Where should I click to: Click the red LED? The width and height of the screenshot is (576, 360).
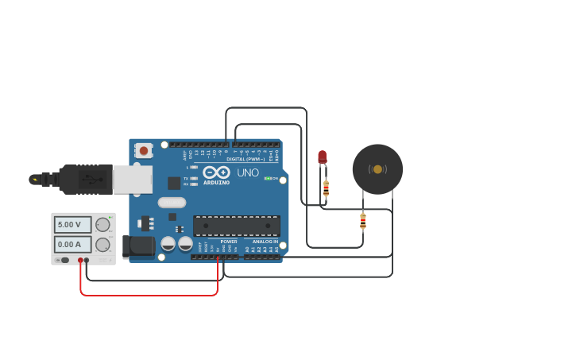coord(322,157)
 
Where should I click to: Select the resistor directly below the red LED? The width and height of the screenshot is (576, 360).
coord(326,188)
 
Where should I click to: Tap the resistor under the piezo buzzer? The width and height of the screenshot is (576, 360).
coord(363,221)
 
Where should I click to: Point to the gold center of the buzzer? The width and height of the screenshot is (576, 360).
coord(377,169)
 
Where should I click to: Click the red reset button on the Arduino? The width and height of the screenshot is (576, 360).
coord(143,149)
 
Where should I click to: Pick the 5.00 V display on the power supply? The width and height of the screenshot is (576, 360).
coord(72,225)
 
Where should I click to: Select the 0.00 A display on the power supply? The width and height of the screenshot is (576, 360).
coord(72,245)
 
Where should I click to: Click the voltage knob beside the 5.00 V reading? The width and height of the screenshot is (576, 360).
coord(102,225)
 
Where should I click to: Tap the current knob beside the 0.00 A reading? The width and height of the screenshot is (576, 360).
coord(102,245)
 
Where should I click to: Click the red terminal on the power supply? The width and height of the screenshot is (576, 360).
coord(80,260)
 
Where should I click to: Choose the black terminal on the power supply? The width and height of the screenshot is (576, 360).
coord(87,260)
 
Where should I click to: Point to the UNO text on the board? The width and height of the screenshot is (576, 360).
coord(248,172)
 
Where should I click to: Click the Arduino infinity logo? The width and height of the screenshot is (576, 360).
coord(216,172)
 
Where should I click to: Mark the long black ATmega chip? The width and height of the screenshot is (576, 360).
coord(237,226)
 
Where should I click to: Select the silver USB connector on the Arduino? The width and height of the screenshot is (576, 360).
coord(133,180)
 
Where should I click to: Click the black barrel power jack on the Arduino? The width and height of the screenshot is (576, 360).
coord(140,246)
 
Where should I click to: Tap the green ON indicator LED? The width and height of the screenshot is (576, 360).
coord(268,178)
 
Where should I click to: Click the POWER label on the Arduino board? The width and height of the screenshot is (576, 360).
coord(229,242)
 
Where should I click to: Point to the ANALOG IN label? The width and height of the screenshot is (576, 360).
coord(265,242)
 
